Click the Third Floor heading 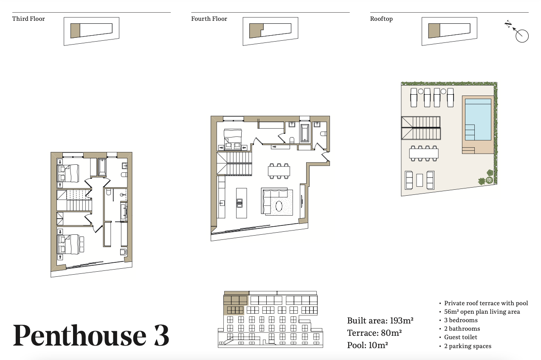[x=28, y=19]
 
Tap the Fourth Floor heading [x=209, y=19]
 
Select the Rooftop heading [x=381, y=19]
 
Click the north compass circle [x=522, y=36]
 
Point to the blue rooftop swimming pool [x=478, y=119]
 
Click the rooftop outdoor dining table [x=424, y=153]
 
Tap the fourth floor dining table [x=279, y=171]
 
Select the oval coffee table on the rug [x=279, y=206]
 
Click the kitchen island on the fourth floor [x=242, y=203]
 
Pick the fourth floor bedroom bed [x=233, y=139]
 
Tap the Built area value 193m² [x=402, y=321]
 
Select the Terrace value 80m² [x=391, y=333]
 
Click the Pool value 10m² [x=378, y=345]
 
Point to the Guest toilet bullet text [x=461, y=337]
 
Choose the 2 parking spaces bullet [x=468, y=346]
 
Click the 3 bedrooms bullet [x=461, y=320]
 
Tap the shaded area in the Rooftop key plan [x=434, y=31]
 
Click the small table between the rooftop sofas [x=420, y=180]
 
